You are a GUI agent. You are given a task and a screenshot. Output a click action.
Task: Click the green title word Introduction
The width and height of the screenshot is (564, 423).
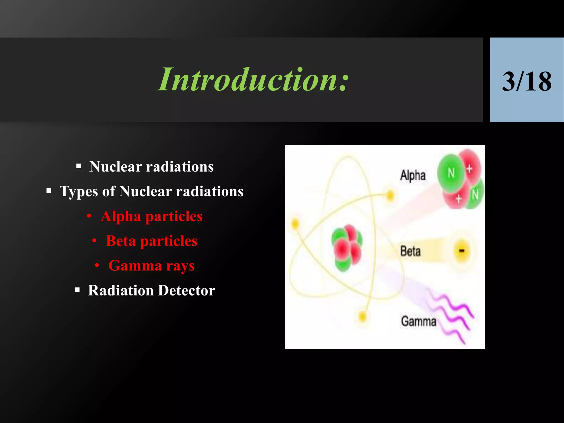(253, 80)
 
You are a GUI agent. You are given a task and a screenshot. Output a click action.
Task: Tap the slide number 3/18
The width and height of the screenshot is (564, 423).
(527, 82)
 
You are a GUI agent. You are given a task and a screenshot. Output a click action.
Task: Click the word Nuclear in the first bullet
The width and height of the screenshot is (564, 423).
(115, 167)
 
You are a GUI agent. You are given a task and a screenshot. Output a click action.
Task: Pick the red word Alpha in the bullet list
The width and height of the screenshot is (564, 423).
(121, 216)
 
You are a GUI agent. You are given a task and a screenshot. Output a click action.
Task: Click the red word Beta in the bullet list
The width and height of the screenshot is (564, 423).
(121, 241)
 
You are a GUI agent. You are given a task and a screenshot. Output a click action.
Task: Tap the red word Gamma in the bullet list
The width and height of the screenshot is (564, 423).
(135, 266)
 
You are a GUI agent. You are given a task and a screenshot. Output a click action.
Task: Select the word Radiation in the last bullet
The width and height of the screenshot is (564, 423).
(121, 291)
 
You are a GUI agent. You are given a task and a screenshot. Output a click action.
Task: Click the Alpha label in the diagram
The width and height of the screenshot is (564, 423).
(413, 175)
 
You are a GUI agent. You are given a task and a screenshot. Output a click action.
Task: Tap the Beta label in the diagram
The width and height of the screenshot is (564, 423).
(410, 251)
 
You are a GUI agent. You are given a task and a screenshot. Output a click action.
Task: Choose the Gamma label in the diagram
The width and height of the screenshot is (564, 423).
(418, 321)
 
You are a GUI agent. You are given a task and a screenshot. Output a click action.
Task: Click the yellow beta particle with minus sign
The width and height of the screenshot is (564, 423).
(462, 251)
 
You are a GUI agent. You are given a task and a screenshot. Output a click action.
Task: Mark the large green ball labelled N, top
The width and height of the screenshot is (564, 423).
(451, 173)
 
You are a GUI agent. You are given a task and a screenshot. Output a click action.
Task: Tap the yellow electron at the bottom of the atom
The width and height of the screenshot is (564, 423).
(363, 317)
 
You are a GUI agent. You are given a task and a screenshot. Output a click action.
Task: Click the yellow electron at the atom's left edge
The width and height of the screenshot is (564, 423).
(295, 223)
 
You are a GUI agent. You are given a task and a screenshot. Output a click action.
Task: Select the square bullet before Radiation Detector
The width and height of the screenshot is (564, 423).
(77, 290)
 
